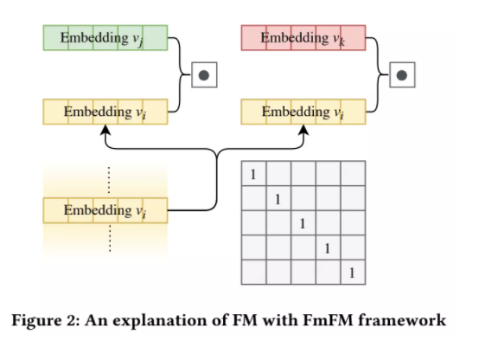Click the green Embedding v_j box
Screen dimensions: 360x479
point(105,38)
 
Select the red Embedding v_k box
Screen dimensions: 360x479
point(303,38)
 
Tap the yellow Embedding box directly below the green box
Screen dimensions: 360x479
point(105,112)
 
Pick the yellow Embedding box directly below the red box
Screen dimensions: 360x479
point(303,112)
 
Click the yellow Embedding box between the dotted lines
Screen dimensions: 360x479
point(105,210)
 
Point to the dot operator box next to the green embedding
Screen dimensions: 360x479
point(204,75)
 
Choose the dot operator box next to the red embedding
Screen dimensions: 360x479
point(400,75)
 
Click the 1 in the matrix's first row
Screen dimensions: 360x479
point(252,175)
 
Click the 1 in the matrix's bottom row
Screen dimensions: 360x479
point(353,273)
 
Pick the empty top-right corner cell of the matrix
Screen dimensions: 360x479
point(353,175)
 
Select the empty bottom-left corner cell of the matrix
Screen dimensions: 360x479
point(252,273)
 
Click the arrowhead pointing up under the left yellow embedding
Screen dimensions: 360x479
point(105,130)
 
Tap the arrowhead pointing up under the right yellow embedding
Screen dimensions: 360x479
point(303,130)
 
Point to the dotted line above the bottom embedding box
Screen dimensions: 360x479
point(109,179)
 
